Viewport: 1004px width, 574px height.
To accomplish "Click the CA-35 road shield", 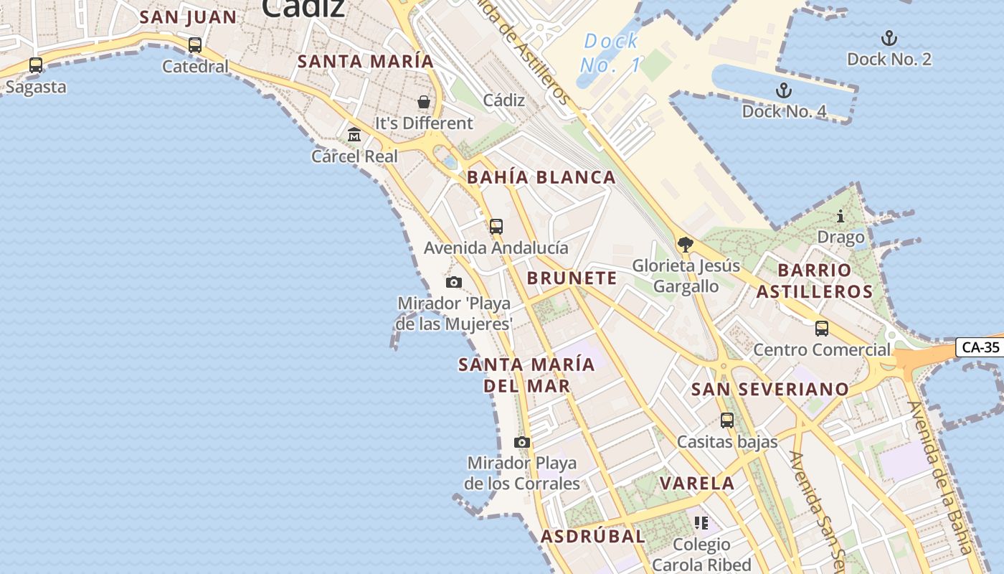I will (980, 347).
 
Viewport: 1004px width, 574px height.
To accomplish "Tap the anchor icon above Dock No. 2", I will (889, 38).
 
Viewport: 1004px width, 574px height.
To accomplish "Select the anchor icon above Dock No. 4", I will (784, 90).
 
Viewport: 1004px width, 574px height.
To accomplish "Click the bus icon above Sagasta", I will (36, 65).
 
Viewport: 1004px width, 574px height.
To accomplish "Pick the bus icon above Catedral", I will (195, 45).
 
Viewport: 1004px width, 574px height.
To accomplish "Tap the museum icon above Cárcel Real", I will (354, 135).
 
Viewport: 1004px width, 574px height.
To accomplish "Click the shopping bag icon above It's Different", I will (424, 102).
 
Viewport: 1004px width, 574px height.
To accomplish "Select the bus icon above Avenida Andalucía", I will (496, 227).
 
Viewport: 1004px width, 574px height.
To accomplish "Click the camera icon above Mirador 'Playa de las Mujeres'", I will (454, 283).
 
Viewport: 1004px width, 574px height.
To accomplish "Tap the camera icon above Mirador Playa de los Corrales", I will (522, 442).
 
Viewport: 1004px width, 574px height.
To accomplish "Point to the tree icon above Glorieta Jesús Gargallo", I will (686, 245).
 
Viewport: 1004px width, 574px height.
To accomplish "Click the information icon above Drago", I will (840, 216).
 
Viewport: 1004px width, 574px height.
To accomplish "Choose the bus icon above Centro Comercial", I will (822, 329).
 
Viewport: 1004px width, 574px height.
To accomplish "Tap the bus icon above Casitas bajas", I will (727, 420).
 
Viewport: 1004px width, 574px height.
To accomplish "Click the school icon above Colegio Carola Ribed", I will (701, 523).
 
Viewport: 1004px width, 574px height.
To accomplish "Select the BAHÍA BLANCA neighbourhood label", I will (541, 178).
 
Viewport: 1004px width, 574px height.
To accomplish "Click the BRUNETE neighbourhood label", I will (572, 278).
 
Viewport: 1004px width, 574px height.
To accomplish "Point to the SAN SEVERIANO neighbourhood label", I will (770, 390).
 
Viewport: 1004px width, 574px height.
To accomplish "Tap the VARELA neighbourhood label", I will (697, 484).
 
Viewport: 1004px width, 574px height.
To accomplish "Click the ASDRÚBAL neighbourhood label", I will (593, 536).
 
